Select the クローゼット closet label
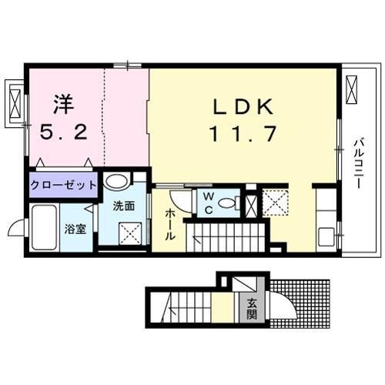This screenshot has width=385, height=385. click(x=63, y=185)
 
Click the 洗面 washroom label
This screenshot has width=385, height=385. click(x=124, y=206)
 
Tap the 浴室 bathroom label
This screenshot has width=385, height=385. click(x=75, y=229)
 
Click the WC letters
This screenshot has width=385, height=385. click(x=209, y=204)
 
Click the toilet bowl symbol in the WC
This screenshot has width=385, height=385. click(x=226, y=203)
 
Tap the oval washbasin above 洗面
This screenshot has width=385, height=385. click(x=116, y=182)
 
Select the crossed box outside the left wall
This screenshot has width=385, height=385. click(x=16, y=99)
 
